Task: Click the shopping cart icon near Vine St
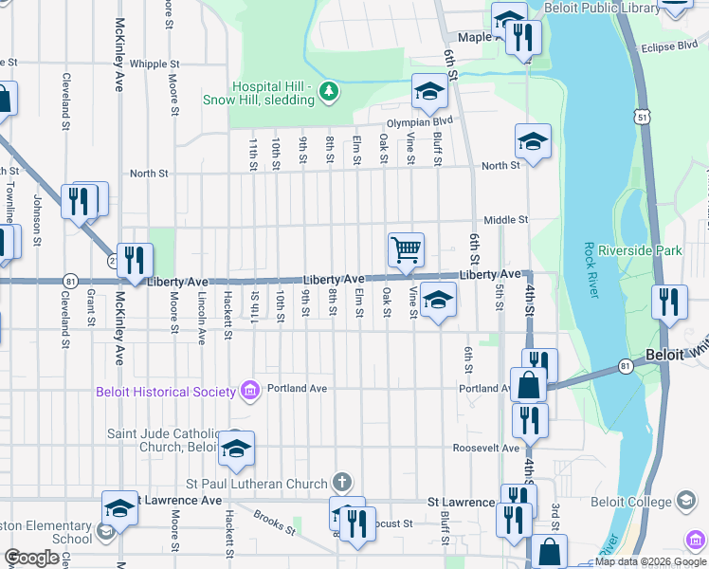(406, 249)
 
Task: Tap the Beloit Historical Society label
(165, 392)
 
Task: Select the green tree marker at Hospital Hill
(328, 91)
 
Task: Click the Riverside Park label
(648, 251)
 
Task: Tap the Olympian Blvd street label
(419, 121)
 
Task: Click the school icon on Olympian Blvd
(428, 92)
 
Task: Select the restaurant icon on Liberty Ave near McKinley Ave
(136, 259)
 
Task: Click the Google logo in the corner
(31, 558)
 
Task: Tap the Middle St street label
(505, 219)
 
